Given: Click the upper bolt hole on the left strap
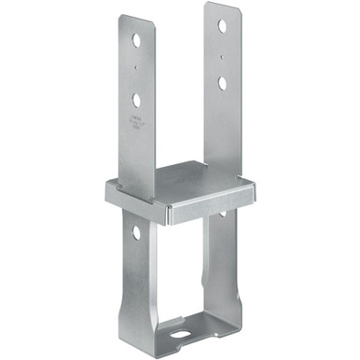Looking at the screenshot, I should pyautogui.click(x=137, y=41).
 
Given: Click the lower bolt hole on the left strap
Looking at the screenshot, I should pyautogui.click(x=137, y=98).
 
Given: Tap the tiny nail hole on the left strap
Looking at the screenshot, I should pyautogui.click(x=137, y=68).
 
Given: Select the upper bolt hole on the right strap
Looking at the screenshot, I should pyautogui.click(x=222, y=26).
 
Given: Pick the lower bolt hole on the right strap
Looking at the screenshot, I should pyautogui.click(x=222, y=83).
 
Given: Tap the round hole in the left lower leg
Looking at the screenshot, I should pyautogui.click(x=136, y=231).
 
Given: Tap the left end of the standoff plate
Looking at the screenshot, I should pyautogui.click(x=111, y=192).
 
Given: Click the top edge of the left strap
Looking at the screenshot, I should pyautogui.click(x=136, y=17).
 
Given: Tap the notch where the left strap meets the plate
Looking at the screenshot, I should pyautogui.click(x=149, y=197).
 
